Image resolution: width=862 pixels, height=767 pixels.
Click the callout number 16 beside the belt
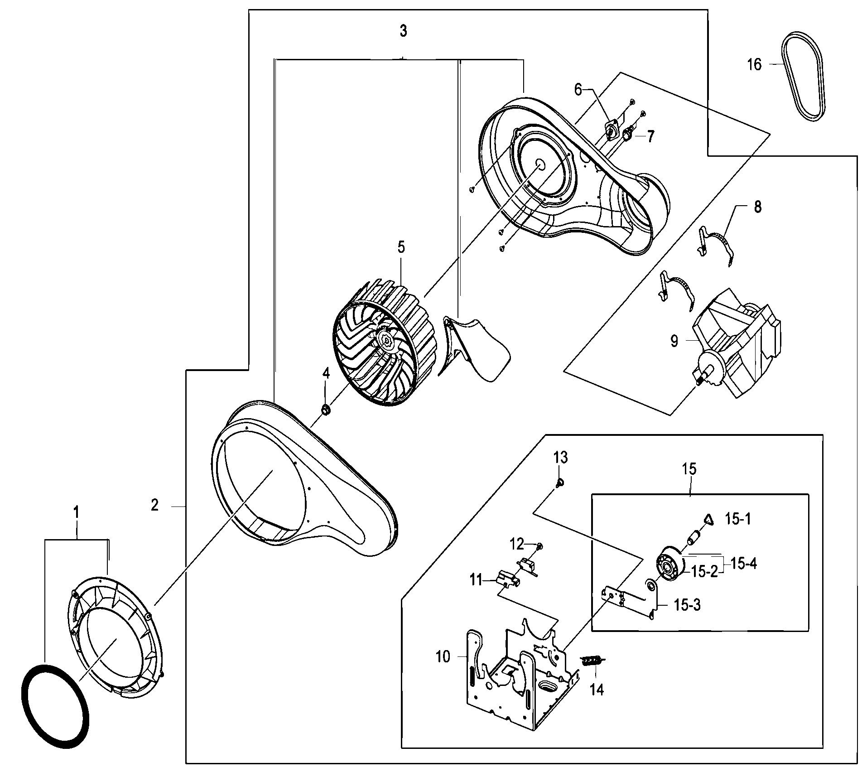[754, 65]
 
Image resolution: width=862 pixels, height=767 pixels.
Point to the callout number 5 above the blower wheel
[401, 247]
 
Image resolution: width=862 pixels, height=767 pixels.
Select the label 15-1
[738, 519]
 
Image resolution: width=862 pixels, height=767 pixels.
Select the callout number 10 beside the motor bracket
[443, 656]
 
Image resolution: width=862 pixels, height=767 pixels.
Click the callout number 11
[476, 580]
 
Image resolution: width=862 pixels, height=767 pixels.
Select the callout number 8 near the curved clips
[757, 207]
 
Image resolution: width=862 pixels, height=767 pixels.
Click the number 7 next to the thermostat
[650, 136]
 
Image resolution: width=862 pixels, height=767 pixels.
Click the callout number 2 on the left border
[155, 505]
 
